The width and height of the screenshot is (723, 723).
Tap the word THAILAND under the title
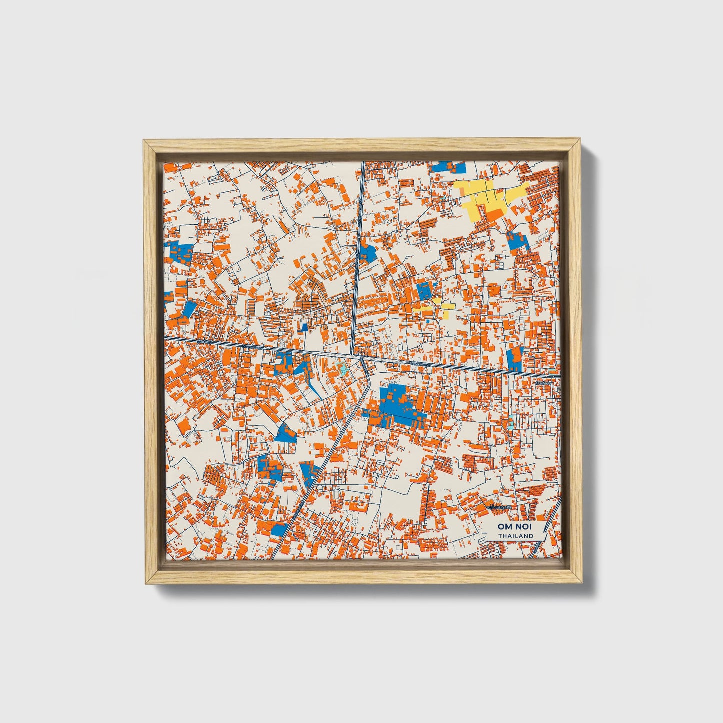point(515,536)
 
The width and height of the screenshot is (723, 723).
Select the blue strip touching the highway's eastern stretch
point(514,359)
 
